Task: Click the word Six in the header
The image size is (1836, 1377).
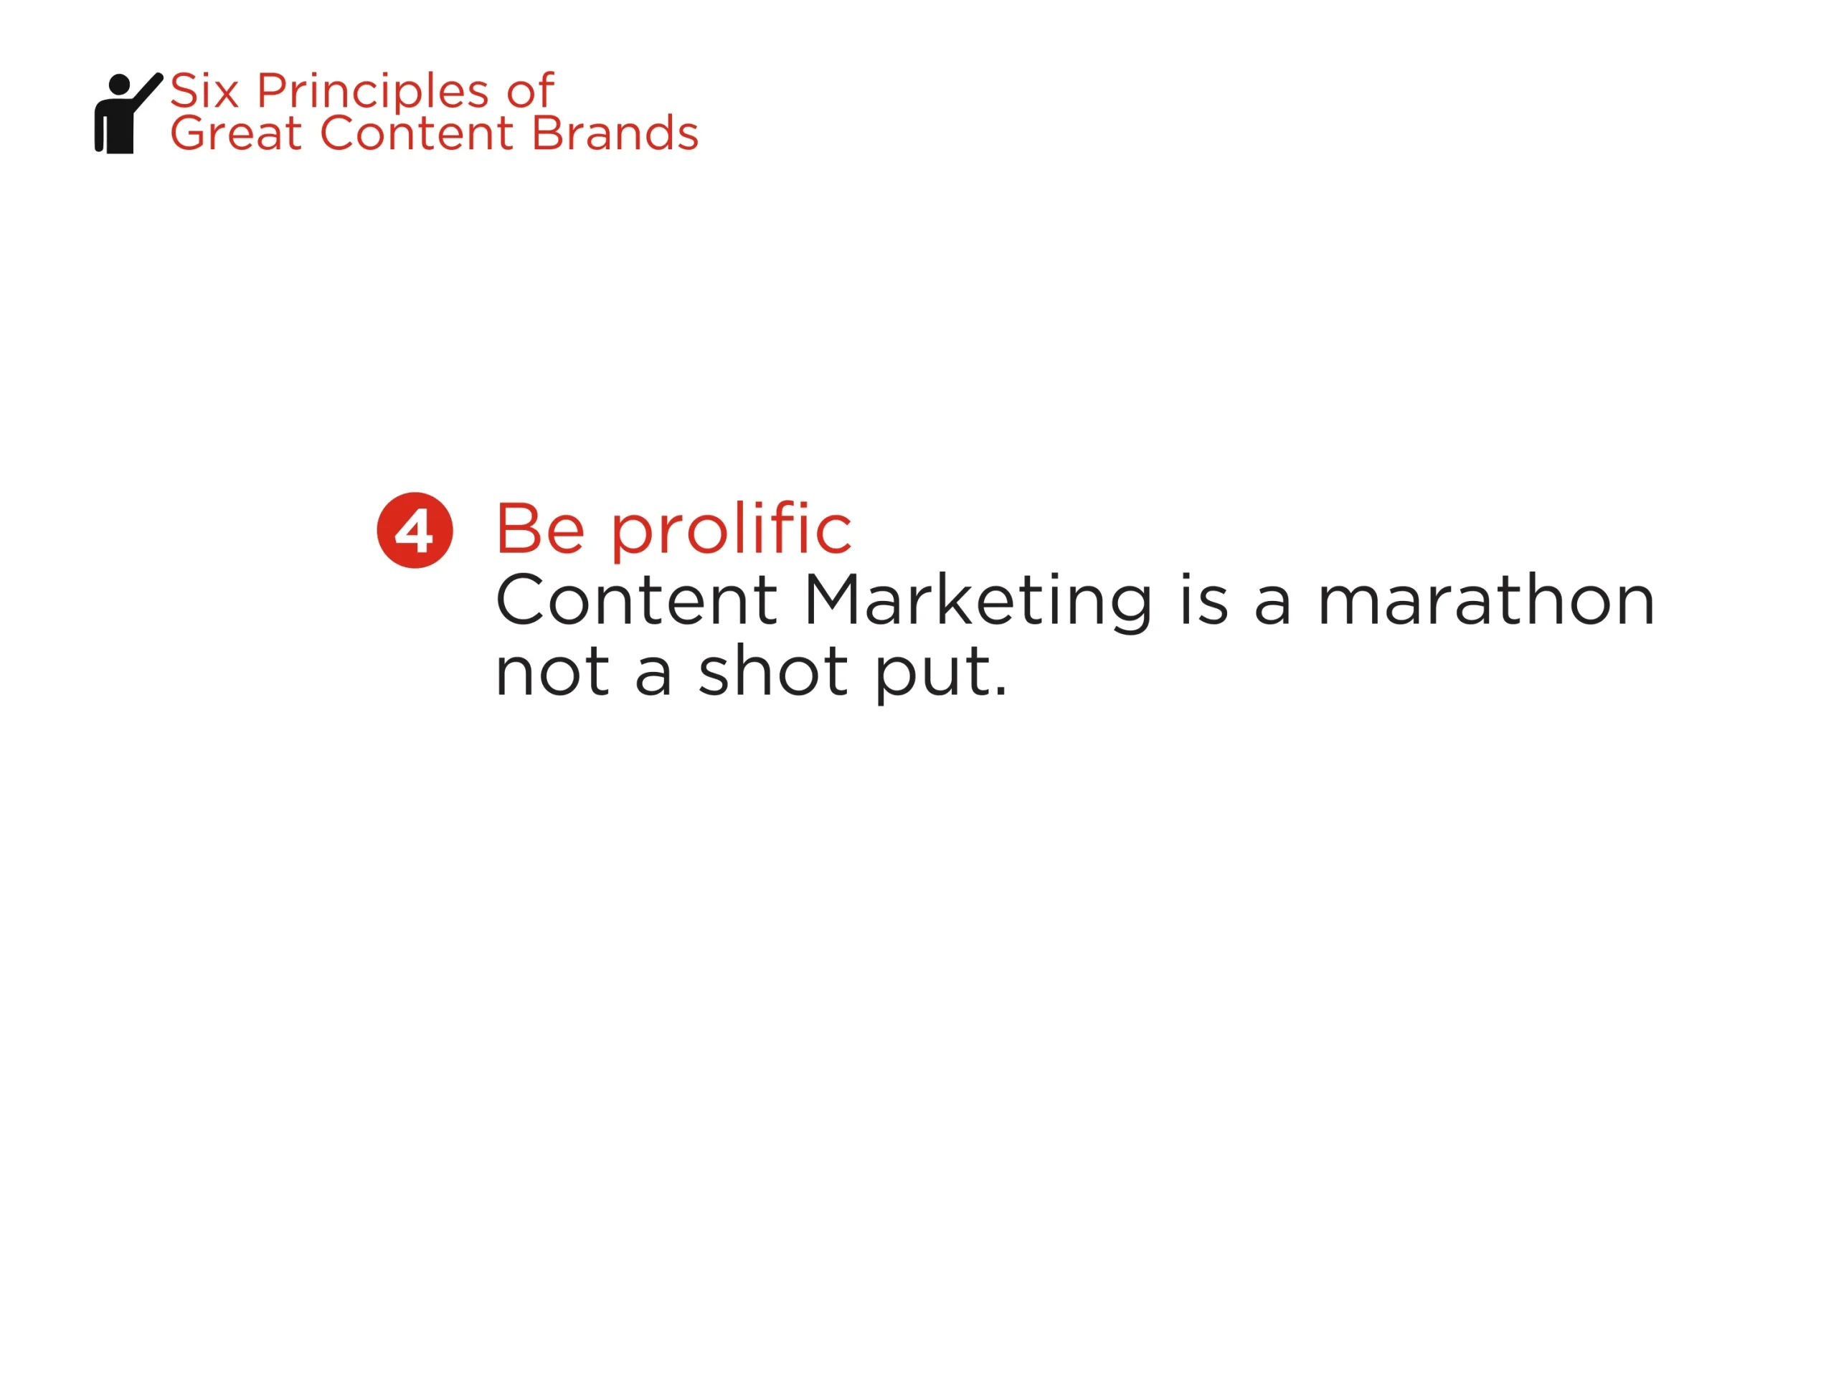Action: (x=205, y=90)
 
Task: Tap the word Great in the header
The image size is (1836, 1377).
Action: (x=236, y=133)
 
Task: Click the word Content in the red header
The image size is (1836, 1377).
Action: (x=417, y=133)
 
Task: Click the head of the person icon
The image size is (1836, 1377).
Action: (x=120, y=85)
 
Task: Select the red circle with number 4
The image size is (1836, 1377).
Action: (x=415, y=531)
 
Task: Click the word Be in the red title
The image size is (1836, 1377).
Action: (x=540, y=529)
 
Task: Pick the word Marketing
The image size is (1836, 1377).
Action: (x=978, y=602)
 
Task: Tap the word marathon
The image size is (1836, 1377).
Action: (x=1487, y=600)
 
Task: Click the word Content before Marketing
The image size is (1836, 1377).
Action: (x=637, y=600)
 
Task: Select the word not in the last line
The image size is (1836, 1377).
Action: (x=553, y=671)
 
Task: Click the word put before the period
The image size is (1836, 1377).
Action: (x=932, y=675)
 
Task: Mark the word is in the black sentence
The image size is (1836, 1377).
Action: (x=1203, y=600)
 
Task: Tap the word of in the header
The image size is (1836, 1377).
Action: (x=531, y=90)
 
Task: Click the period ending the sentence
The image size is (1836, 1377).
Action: (x=1000, y=690)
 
